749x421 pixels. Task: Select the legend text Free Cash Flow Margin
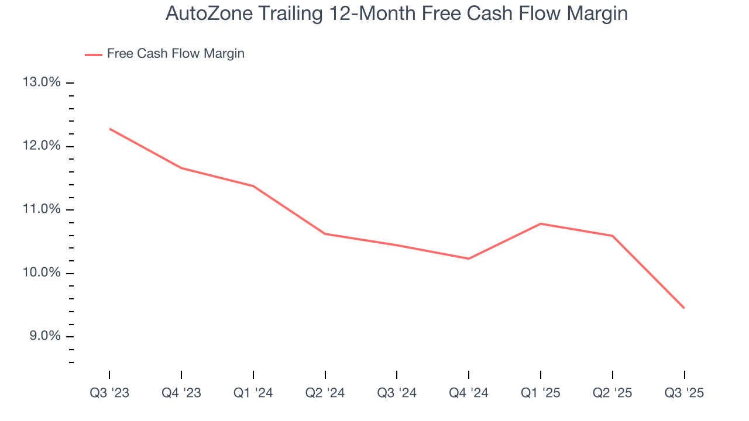point(176,54)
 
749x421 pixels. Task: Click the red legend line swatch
point(94,54)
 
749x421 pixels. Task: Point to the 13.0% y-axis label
point(42,82)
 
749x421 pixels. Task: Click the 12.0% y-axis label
point(42,146)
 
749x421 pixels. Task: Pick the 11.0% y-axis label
point(42,209)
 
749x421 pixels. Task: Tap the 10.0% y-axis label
point(42,273)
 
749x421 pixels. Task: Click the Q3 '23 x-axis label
point(109,393)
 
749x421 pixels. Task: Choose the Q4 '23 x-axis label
point(181,393)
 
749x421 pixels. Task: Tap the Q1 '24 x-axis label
point(253,393)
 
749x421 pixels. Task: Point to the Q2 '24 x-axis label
point(325,393)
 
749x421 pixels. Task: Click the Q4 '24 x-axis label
point(469,393)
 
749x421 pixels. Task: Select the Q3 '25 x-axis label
point(684,393)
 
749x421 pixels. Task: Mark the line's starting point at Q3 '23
point(109,129)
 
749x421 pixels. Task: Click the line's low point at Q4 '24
point(469,258)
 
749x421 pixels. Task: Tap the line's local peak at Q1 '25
point(541,223)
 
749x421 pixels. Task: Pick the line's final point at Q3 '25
point(684,308)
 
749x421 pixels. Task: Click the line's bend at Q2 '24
point(325,234)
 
